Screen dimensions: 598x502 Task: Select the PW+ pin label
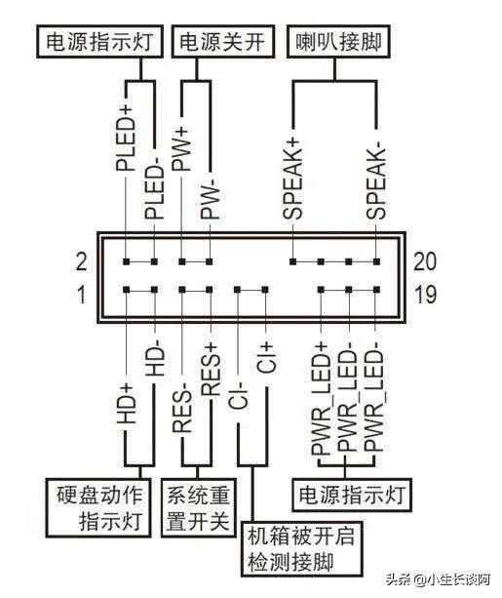click(x=181, y=146)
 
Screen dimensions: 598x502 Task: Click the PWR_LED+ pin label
click(x=321, y=398)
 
